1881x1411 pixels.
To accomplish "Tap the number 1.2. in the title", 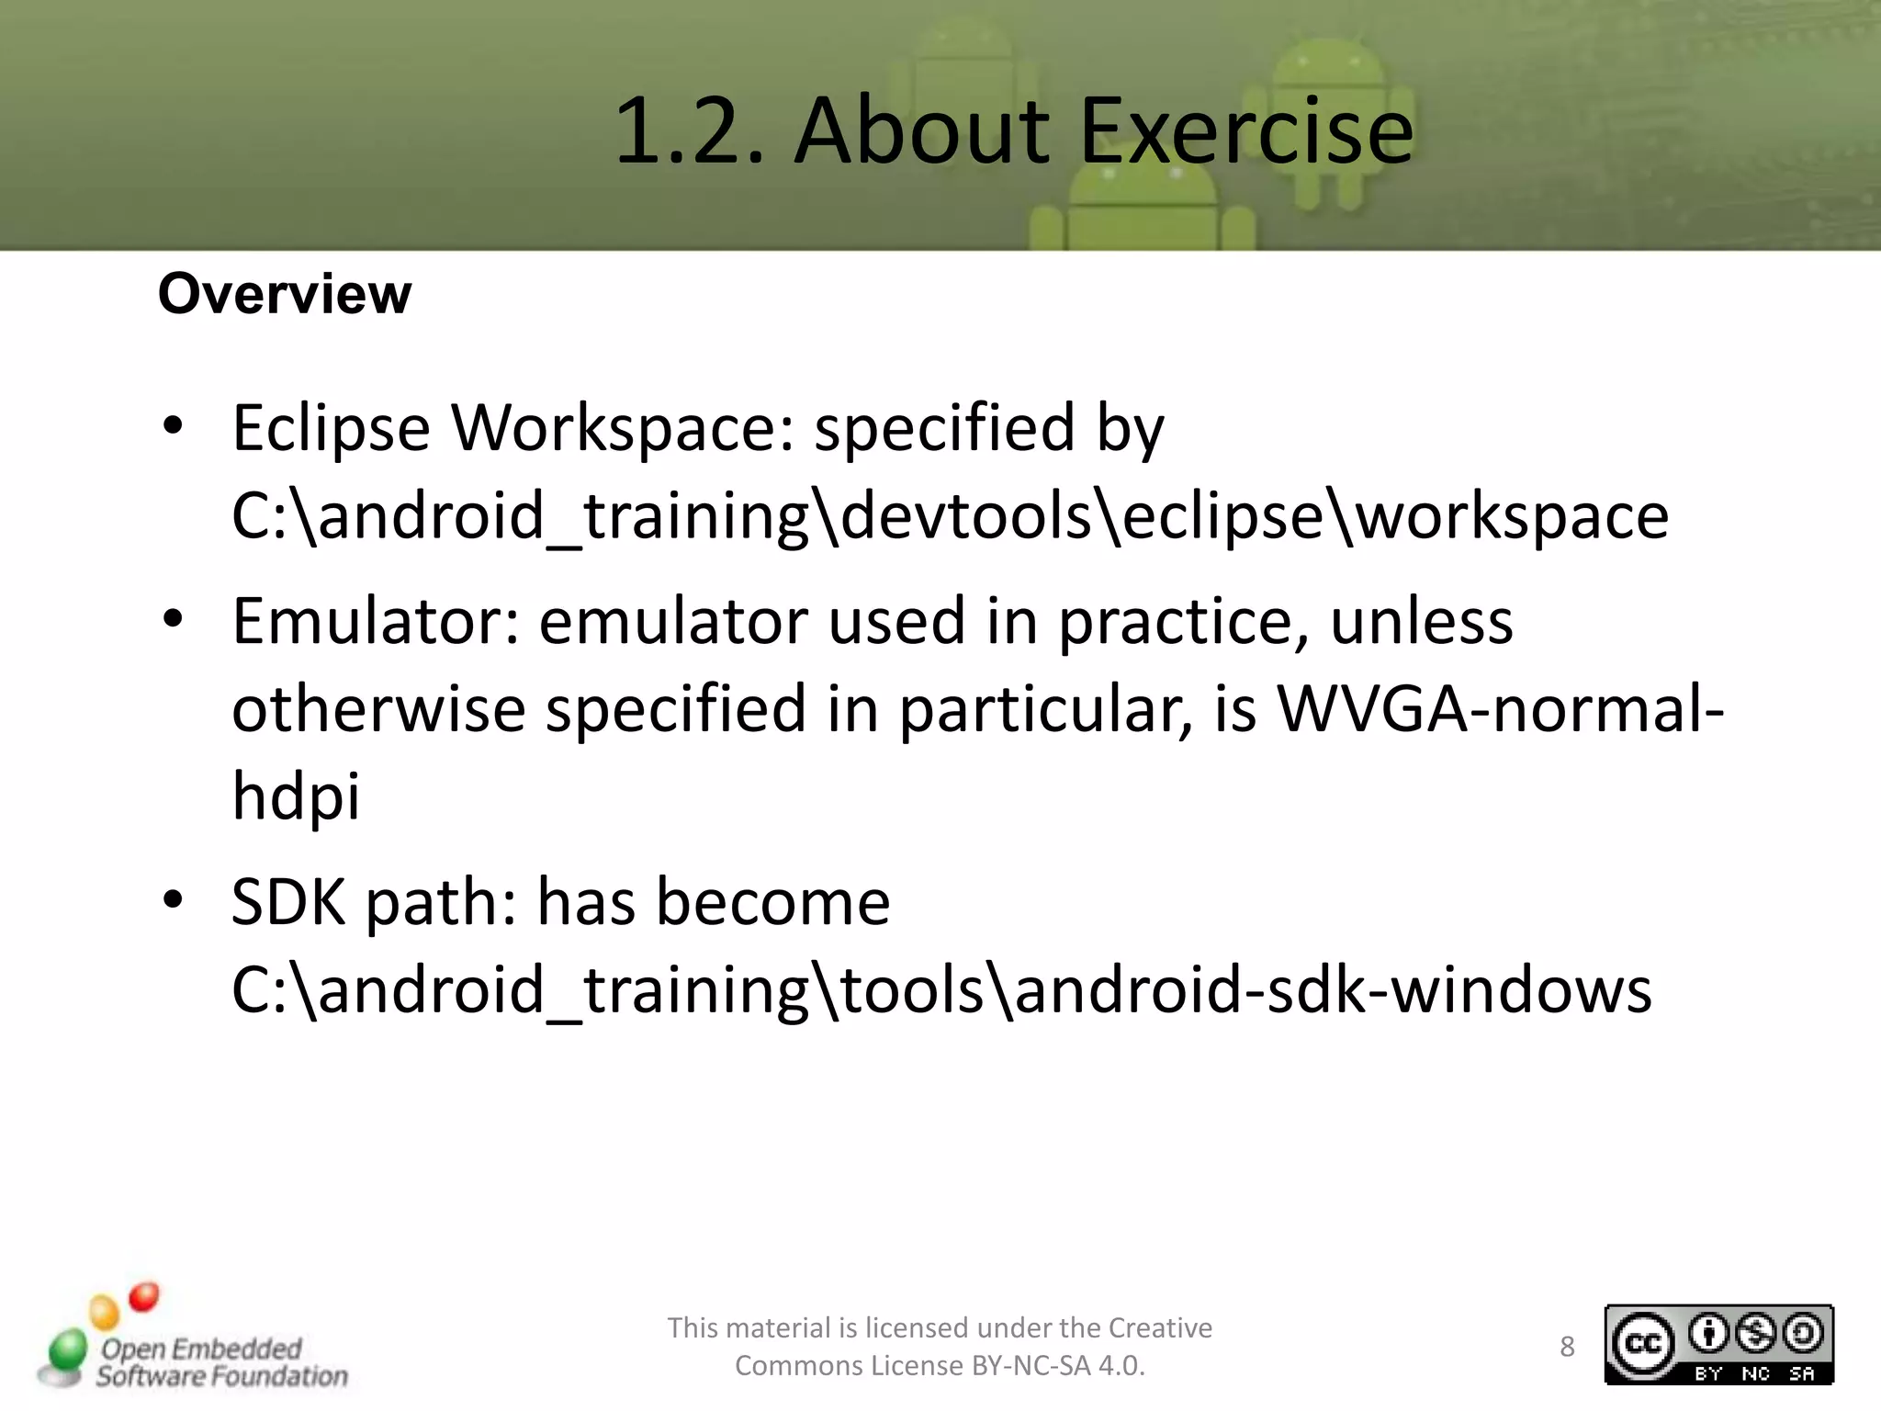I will (x=689, y=133).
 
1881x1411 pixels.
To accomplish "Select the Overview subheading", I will (x=285, y=294).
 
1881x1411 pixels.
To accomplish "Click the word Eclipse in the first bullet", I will (x=331, y=429).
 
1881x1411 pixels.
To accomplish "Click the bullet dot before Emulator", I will (x=173, y=620).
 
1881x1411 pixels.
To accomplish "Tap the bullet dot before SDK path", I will (x=173, y=901).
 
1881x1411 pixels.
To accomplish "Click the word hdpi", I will (x=296, y=796).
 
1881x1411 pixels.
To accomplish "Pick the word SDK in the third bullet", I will (x=288, y=902).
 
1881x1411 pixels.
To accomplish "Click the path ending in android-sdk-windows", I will (x=941, y=990).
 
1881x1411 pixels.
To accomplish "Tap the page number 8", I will (x=1567, y=1347).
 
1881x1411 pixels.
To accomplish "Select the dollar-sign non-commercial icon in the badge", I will (x=1755, y=1334).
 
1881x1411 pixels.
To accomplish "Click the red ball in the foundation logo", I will (x=144, y=1297).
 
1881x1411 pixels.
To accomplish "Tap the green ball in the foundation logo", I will (x=66, y=1351).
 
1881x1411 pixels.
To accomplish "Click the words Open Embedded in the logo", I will (x=201, y=1349).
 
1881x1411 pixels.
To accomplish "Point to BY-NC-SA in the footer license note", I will (x=1031, y=1366).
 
